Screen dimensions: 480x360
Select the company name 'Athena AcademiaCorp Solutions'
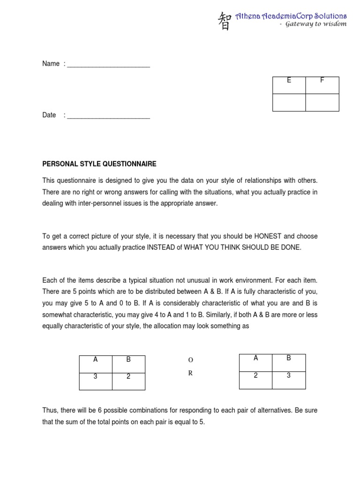(291, 16)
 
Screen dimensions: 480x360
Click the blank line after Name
(108, 65)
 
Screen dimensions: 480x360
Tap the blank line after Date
(108, 116)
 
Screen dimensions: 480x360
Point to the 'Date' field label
(49, 115)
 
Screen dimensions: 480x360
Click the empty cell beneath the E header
(289, 102)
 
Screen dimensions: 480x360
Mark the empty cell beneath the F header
(322, 102)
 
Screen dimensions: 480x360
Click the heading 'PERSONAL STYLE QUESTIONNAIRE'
(99, 164)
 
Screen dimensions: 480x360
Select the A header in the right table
(256, 358)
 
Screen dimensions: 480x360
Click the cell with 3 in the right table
(289, 375)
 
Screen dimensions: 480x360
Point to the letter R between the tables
(190, 374)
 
